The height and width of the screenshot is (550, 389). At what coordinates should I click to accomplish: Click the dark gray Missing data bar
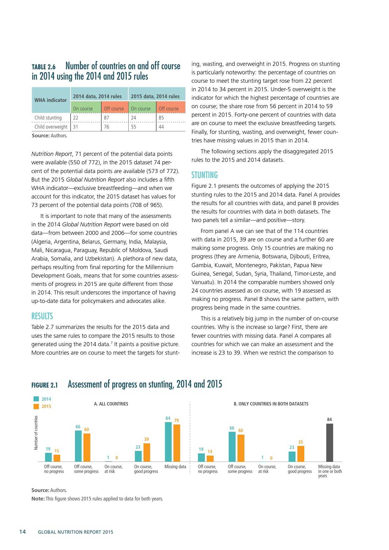click(x=329, y=442)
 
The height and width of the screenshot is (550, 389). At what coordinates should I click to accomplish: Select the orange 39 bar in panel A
click(x=147, y=452)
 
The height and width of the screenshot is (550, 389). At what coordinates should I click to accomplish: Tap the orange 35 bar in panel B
click(x=301, y=454)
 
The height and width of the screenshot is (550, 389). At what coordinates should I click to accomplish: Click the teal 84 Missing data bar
click(x=168, y=442)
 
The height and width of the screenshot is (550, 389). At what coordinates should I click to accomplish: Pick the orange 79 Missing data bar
click(x=177, y=443)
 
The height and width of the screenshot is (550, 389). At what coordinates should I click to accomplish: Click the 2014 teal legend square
click(x=36, y=399)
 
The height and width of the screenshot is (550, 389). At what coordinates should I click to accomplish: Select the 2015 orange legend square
click(x=36, y=406)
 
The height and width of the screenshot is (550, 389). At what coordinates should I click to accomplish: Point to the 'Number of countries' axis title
click(x=36, y=433)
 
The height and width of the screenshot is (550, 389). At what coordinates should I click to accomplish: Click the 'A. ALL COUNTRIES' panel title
click(x=111, y=404)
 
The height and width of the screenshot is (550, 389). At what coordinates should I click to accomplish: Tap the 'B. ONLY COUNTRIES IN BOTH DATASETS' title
click(x=271, y=404)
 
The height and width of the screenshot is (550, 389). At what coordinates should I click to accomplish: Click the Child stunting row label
click(x=48, y=118)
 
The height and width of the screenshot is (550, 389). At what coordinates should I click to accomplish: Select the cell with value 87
click(x=107, y=118)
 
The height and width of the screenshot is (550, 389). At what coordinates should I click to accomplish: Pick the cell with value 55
click(x=134, y=127)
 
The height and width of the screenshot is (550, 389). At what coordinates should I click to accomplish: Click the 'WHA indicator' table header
click(x=51, y=100)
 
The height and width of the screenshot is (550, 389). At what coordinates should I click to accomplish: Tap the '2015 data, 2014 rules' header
click(x=155, y=96)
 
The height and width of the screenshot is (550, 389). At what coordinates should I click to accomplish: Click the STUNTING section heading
click(x=205, y=175)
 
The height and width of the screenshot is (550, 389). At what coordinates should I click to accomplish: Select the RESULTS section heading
click(x=42, y=316)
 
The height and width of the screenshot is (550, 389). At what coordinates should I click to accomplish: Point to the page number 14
click(x=23, y=532)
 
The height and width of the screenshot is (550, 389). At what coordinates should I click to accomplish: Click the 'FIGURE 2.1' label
click(x=45, y=385)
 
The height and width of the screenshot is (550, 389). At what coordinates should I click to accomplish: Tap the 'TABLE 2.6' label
click(x=44, y=67)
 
